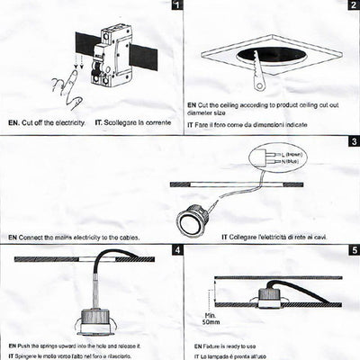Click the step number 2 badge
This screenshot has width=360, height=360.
(x=354, y=6)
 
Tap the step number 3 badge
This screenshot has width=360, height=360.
(x=354, y=141)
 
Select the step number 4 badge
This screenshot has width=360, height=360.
(x=175, y=248)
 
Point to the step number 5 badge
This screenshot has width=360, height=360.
(x=354, y=248)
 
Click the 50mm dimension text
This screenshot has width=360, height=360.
(x=211, y=320)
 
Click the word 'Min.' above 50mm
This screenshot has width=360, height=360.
(x=209, y=313)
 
